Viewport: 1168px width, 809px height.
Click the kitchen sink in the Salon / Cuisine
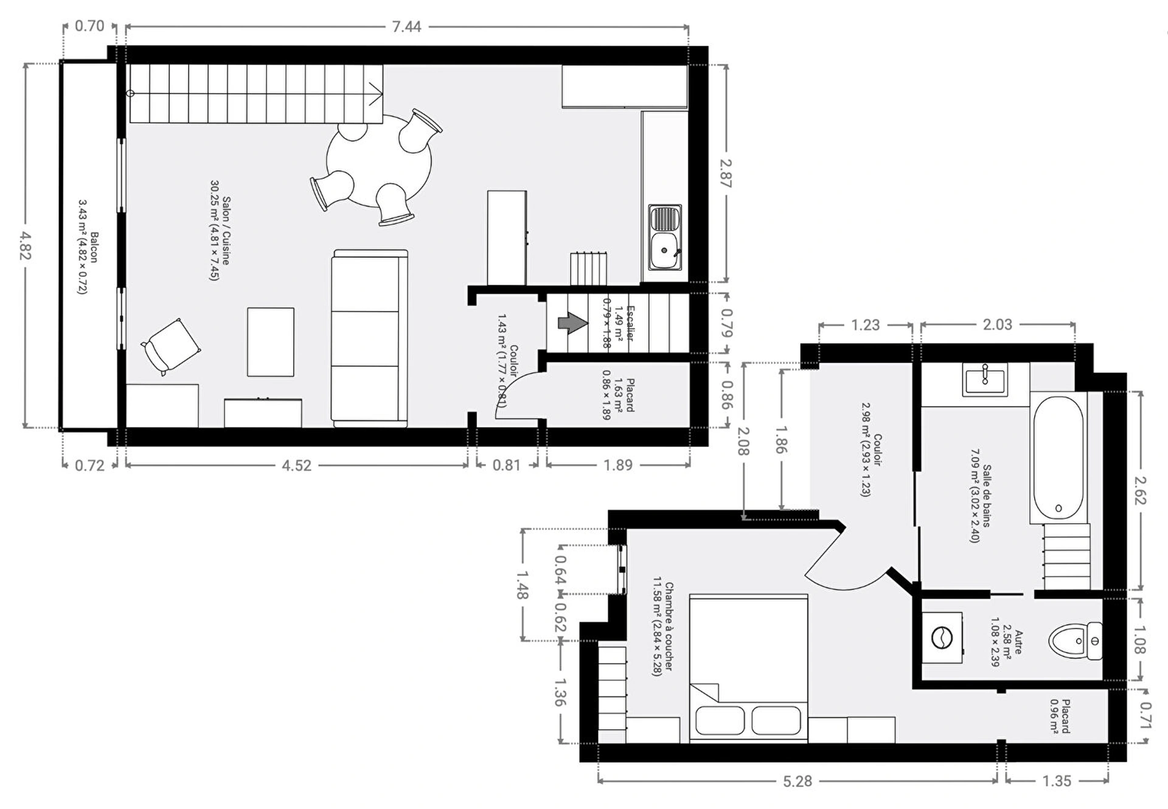point(665,238)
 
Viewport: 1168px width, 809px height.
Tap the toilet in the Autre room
point(1076,641)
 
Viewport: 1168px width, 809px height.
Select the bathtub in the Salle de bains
point(1058,457)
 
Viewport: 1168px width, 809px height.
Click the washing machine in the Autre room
point(942,638)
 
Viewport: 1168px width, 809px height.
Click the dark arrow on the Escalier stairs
point(572,323)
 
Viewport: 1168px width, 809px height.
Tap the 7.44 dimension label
point(406,27)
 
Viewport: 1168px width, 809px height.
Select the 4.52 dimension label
point(296,465)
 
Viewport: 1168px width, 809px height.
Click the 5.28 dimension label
point(797,781)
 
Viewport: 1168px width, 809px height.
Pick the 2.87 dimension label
point(725,173)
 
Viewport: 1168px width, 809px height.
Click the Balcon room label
point(94,247)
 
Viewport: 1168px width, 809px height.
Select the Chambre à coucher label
point(669,627)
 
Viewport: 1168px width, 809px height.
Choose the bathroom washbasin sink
point(985,379)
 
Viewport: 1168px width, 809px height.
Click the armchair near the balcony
point(171,347)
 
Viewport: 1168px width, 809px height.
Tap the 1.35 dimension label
point(1057,781)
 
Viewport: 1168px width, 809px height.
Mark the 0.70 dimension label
point(89,26)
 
